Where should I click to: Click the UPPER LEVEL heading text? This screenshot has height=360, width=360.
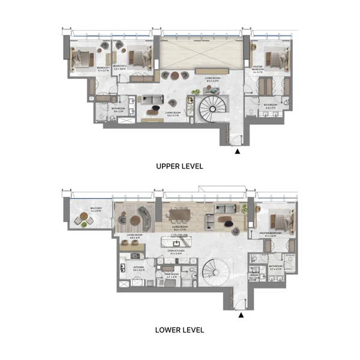point(179,166)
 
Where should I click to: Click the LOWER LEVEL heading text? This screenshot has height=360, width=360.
point(179,329)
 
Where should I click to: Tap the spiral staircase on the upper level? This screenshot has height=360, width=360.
point(212,110)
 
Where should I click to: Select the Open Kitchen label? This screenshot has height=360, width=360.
point(179,252)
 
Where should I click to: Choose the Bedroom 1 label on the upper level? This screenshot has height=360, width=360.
point(103,69)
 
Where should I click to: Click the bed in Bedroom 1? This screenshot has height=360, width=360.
point(83,58)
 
